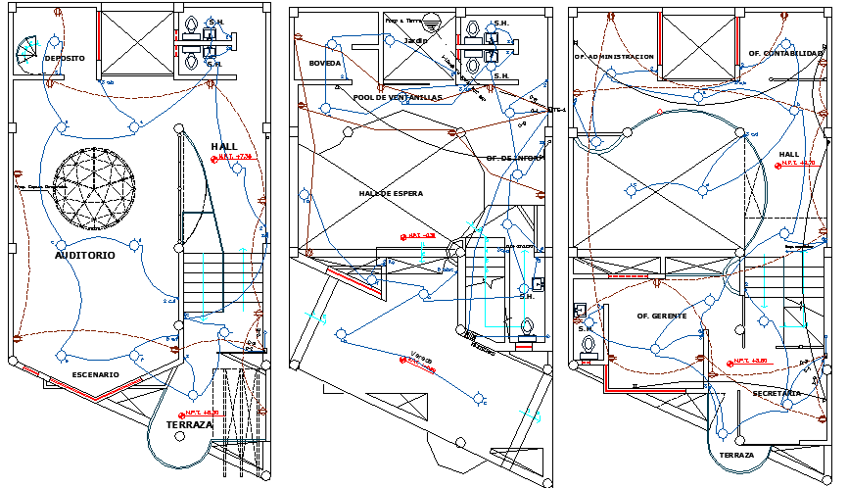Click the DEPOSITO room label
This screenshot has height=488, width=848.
[65, 59]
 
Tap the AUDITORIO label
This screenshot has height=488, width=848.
[85, 255]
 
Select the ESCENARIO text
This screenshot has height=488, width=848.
[96, 375]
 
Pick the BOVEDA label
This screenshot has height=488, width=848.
[324, 63]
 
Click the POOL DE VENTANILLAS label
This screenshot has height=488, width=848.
[398, 98]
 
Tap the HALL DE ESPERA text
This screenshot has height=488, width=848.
[391, 194]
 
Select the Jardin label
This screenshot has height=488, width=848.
[417, 41]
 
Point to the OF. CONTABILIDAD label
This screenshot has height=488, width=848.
[786, 53]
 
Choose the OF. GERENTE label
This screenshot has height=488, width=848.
[662, 316]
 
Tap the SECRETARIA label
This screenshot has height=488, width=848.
[777, 393]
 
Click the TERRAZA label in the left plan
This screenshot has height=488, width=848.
[190, 425]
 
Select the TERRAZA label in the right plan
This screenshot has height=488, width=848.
[736, 456]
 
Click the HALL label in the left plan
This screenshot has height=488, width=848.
[224, 147]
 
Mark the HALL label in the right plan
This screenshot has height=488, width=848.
[789, 155]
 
